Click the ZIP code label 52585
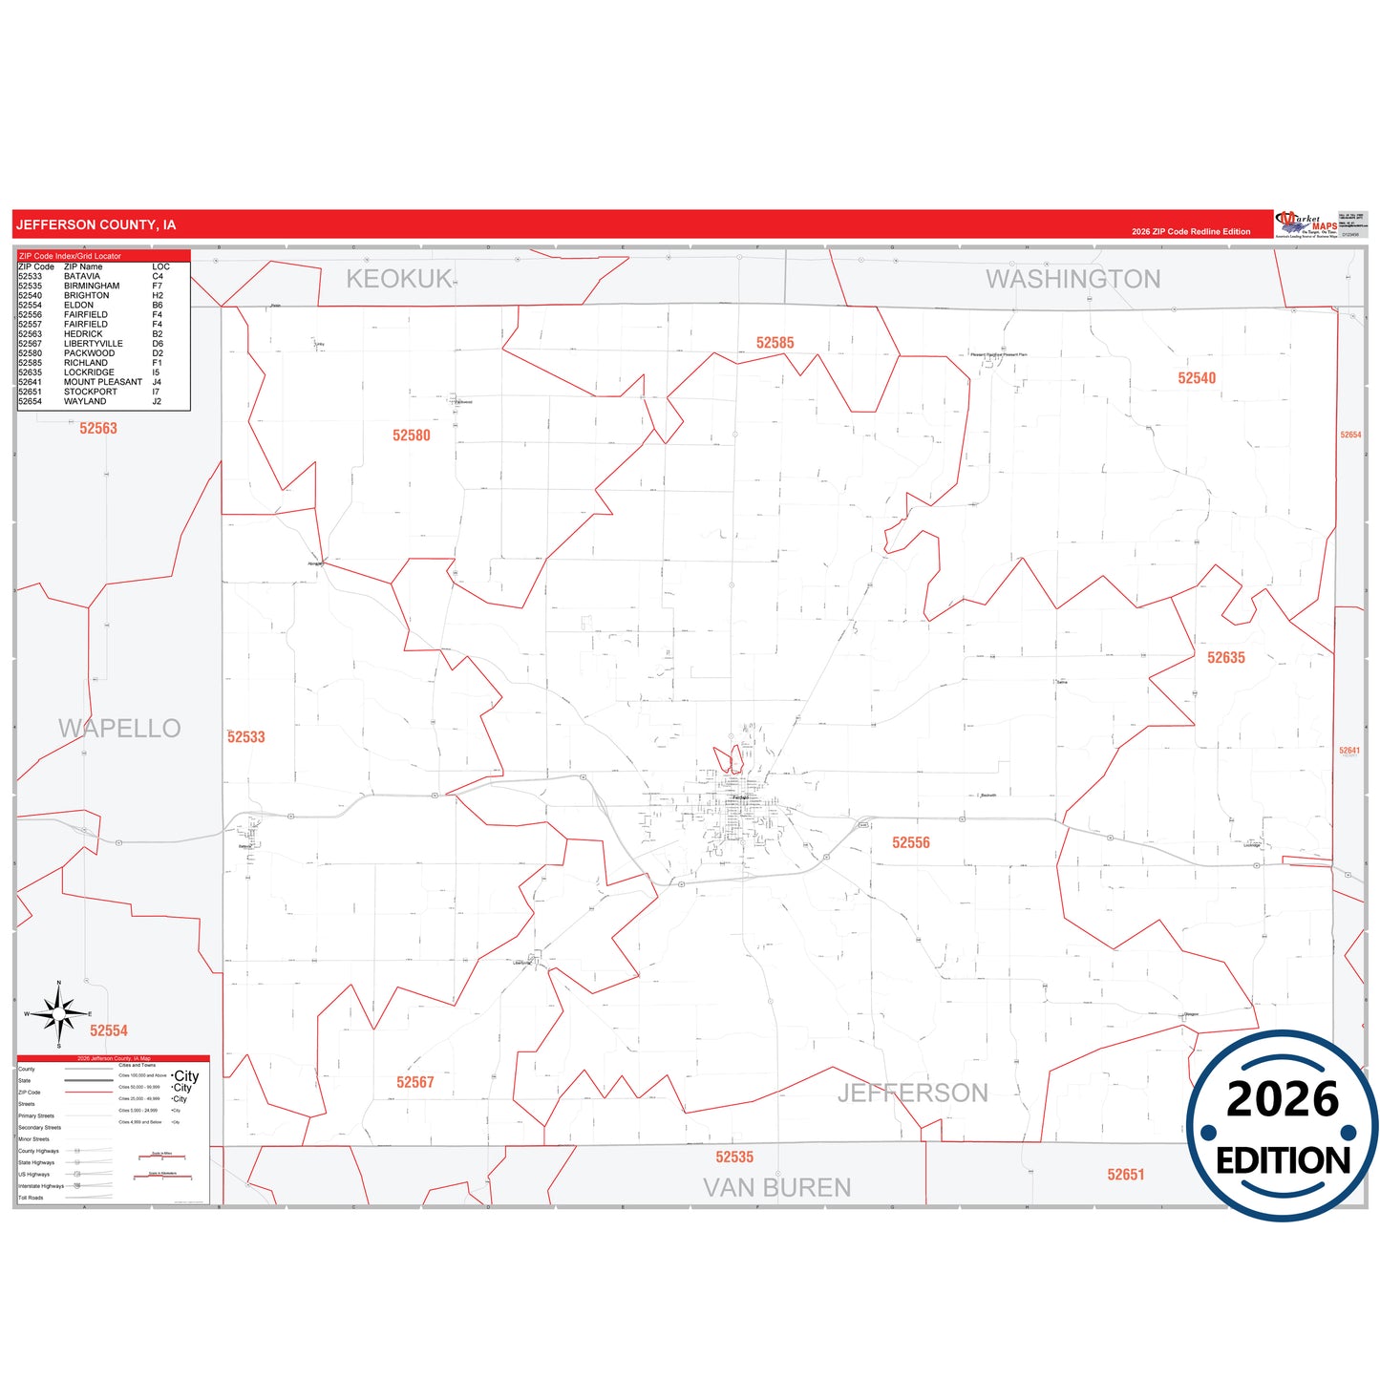click(775, 343)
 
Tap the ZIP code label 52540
click(1197, 378)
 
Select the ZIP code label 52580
click(412, 435)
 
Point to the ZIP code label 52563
click(98, 429)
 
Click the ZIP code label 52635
click(1226, 658)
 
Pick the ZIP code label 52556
click(911, 842)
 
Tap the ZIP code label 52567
click(415, 1082)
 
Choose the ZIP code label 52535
click(734, 1157)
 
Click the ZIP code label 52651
click(1126, 1175)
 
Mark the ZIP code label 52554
click(109, 1030)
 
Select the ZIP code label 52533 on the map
click(246, 737)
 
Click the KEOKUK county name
click(399, 279)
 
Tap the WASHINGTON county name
click(1073, 279)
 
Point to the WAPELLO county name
click(119, 729)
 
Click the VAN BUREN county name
click(777, 1188)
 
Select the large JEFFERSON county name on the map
click(913, 1093)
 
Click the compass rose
click(59, 1014)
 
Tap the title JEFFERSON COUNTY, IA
click(96, 225)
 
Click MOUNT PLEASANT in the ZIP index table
click(103, 382)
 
